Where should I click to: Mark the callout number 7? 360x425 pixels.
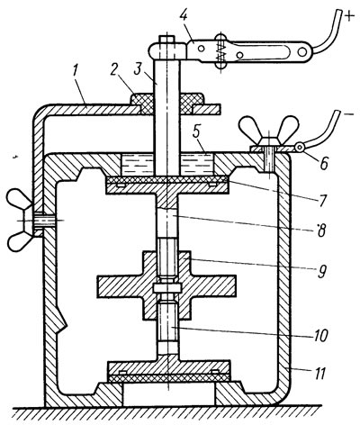click(x=322, y=200)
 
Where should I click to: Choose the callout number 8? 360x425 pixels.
click(x=321, y=231)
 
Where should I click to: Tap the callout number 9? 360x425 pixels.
click(x=321, y=270)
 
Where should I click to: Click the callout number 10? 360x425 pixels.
click(x=319, y=336)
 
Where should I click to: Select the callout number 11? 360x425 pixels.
click(x=319, y=374)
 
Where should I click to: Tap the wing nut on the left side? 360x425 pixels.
click(x=21, y=221)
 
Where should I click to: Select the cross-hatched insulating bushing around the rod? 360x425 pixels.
click(x=167, y=104)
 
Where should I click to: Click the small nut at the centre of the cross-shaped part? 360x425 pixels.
click(x=167, y=288)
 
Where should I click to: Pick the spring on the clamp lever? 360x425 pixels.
click(x=220, y=51)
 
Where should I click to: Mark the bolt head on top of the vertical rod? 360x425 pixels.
click(x=166, y=40)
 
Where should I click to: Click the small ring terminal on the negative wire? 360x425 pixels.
click(x=300, y=147)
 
